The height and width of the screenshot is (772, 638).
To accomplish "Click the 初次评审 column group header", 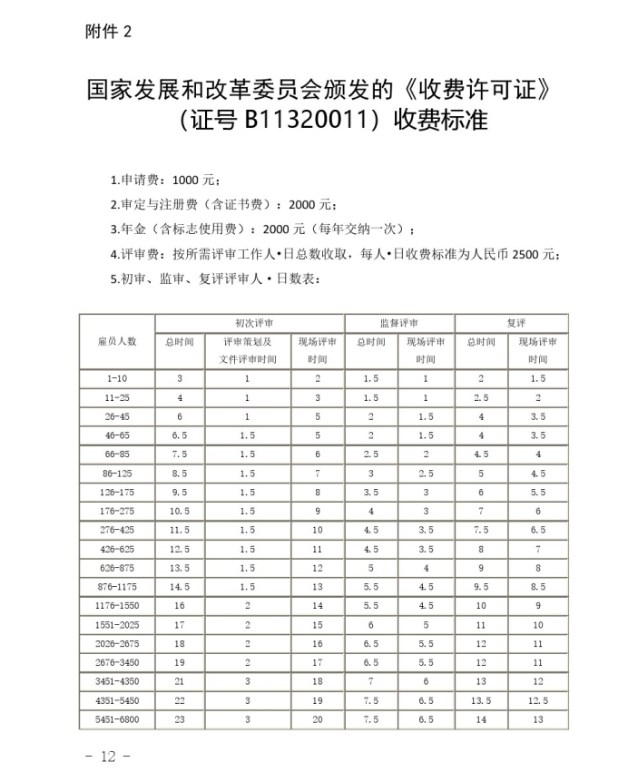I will pyautogui.click(x=250, y=323).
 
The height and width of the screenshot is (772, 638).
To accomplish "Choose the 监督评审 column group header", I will pyautogui.click(x=399, y=323).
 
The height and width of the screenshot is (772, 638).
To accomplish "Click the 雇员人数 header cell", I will pyautogui.click(x=117, y=341).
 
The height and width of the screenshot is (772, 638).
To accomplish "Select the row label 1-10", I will pyautogui.click(x=117, y=378).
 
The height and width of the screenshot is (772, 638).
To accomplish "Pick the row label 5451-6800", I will pyautogui.click(x=117, y=720).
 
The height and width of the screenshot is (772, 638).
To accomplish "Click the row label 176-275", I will pyautogui.click(x=117, y=512).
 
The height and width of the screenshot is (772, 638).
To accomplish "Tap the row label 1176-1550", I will pyautogui.click(x=117, y=605).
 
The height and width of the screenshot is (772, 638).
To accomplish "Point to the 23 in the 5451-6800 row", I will pyautogui.click(x=180, y=720).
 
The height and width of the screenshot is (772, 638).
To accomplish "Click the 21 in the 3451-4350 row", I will pyautogui.click(x=180, y=682).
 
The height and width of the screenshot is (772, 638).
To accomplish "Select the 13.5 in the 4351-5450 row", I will pyautogui.click(x=481, y=701).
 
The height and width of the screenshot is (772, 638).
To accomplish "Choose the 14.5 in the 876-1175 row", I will pyautogui.click(x=180, y=587).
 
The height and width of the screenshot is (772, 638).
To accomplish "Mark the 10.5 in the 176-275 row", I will pyautogui.click(x=180, y=512).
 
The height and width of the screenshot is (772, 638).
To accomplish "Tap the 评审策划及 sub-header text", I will pyautogui.click(x=247, y=342).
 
